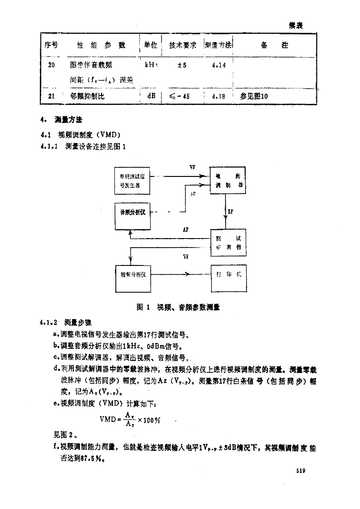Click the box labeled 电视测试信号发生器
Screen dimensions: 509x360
click(135, 179)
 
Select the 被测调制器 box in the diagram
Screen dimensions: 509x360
click(226, 179)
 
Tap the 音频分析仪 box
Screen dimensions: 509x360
click(132, 212)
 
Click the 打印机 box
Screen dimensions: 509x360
click(226, 274)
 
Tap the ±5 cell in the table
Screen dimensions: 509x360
click(181, 65)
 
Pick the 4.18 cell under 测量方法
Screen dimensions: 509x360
click(218, 96)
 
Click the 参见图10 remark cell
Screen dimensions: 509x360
click(254, 96)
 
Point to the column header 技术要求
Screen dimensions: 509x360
click(182, 45)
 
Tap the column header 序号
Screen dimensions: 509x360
click(51, 45)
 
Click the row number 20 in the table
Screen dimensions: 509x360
click(51, 65)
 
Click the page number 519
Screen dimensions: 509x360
click(299, 470)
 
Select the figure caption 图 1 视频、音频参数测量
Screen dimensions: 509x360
click(178, 307)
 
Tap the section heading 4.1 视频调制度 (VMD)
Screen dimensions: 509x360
click(81, 135)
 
